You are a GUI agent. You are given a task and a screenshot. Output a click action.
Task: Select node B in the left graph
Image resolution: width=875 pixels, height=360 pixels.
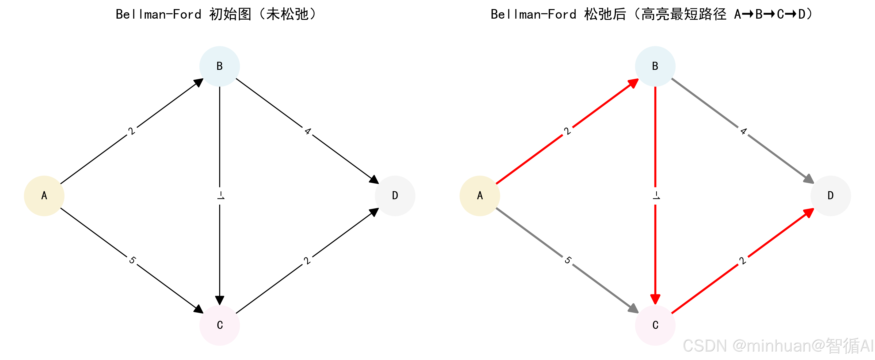coord(219,66)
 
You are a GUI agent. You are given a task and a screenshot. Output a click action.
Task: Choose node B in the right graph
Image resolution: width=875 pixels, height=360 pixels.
coord(655,66)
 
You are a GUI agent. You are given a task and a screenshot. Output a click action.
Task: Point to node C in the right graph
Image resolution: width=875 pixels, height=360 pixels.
coord(655,325)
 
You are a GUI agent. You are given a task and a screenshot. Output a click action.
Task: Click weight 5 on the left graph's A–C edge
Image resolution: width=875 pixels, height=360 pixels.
coord(132,261)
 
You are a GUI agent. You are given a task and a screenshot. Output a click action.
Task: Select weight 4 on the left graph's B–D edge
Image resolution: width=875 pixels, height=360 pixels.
coord(307,131)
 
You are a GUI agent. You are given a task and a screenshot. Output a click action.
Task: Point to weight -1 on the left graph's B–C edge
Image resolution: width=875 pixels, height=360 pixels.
coord(220,196)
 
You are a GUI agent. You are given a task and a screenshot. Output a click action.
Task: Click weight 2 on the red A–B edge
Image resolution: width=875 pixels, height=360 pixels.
coord(567,131)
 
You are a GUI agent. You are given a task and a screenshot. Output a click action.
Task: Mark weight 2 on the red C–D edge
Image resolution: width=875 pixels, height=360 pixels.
coord(743,261)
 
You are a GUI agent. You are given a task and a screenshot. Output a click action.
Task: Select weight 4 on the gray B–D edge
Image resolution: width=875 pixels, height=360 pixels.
coord(743,131)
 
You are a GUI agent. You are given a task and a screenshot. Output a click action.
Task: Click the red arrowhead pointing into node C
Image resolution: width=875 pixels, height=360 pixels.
coord(655,299)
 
